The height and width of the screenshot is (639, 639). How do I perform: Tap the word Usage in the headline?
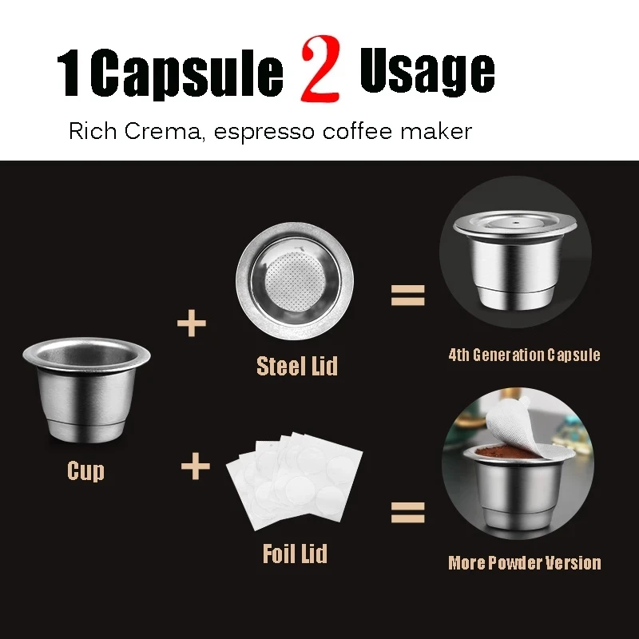[427, 72]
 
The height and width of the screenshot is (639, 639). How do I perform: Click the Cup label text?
[85, 470]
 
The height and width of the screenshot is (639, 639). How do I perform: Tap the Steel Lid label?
[297, 366]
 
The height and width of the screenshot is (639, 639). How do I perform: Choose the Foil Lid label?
[295, 553]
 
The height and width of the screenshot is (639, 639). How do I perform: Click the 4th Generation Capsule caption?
[524, 355]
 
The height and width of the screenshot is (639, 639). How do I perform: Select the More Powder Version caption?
[524, 563]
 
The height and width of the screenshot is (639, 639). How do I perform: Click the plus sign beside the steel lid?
[192, 323]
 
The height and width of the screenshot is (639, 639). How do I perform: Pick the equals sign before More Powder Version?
[407, 511]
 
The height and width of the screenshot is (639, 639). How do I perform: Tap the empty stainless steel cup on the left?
[86, 391]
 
